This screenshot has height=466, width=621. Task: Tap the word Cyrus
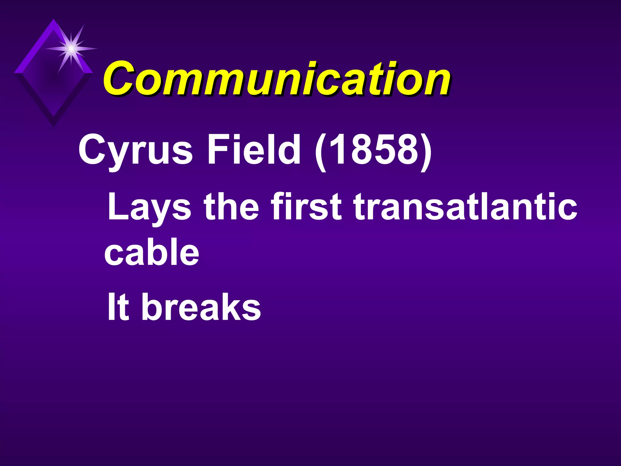[x=135, y=150]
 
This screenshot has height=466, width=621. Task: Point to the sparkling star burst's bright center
[x=71, y=48]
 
